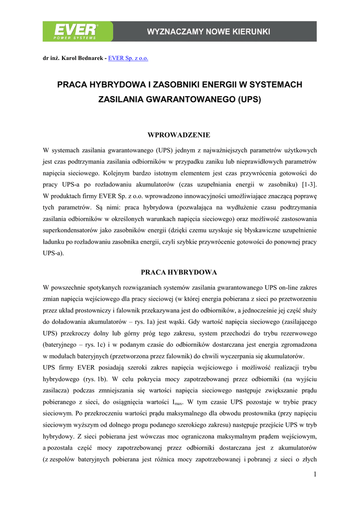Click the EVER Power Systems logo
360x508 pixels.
coord(77,31)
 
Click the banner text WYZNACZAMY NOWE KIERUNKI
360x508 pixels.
coord(209,32)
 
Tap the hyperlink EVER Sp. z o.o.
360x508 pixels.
coord(128,58)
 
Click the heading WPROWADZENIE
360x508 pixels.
coord(179,135)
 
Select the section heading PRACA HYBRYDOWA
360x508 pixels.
coord(179,272)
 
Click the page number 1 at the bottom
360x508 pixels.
coord(315,475)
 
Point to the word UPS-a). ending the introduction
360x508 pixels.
coord(54,253)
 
